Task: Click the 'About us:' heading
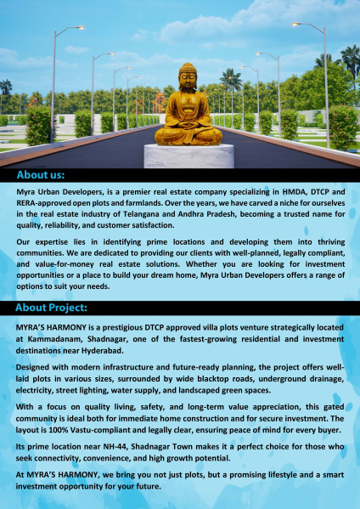tap(41, 175)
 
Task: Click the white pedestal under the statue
tap(188, 155)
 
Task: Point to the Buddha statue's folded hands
tap(188, 122)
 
